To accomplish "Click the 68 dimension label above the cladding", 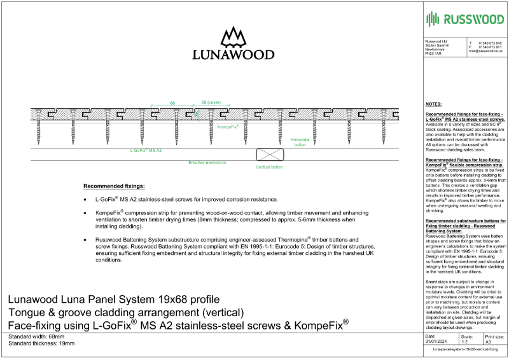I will coord(172,102).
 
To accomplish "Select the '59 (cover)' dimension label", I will coord(211,102).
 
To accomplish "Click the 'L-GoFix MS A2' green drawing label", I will coord(146,150).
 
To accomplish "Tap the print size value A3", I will coord(489,342).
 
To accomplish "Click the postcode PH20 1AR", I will coord(433,55).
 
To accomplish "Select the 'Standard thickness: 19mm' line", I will coord(41,343).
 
